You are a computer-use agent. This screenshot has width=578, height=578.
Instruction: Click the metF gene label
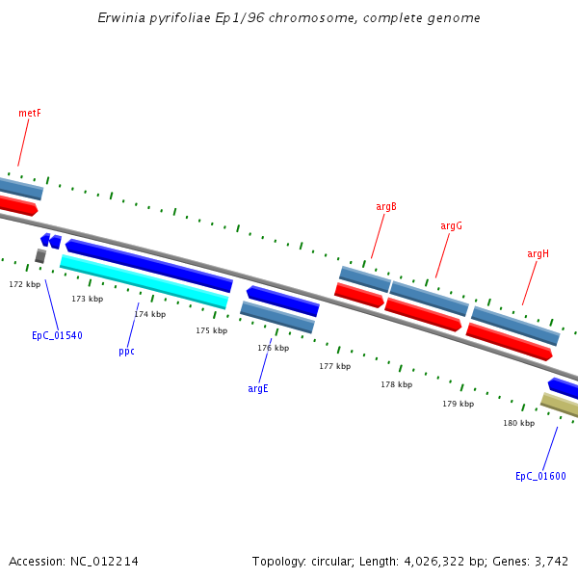click(30, 114)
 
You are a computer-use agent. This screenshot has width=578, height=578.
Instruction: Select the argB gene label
click(386, 207)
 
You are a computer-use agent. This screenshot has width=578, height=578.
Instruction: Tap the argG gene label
click(452, 226)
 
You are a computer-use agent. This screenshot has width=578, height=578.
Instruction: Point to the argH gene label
click(538, 254)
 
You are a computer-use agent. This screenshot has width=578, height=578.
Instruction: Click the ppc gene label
click(126, 352)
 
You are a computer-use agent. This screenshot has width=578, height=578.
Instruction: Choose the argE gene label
click(258, 389)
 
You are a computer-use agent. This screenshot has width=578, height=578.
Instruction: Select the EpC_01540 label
click(57, 336)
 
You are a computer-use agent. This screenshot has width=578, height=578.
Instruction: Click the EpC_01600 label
click(540, 477)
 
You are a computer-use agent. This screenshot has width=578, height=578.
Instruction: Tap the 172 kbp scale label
click(25, 284)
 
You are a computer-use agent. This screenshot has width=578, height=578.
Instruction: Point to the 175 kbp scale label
click(212, 330)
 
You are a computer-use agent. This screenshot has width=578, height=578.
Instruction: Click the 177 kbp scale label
click(335, 366)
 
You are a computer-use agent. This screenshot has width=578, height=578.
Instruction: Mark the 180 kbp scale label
click(518, 423)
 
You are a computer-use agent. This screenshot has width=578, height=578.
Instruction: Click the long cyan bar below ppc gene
click(144, 281)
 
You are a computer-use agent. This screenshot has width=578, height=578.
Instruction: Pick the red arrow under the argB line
click(359, 295)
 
